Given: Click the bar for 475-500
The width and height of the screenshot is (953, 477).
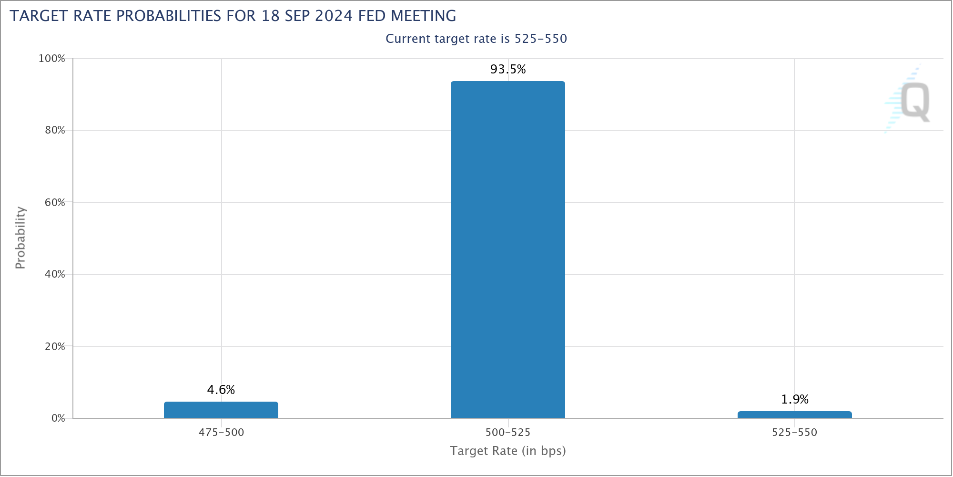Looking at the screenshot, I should pos(221,410).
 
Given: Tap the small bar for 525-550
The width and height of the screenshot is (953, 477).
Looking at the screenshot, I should pos(794,415).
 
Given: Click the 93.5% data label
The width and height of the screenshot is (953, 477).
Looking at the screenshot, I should pos(508,70).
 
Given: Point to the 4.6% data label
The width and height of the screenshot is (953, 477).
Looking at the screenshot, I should pos(221,390).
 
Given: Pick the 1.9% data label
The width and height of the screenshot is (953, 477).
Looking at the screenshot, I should pos(795,399).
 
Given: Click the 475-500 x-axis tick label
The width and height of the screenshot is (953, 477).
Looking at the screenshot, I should pos(221,433).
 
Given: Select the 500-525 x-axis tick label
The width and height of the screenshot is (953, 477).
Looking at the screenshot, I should pos(508,433).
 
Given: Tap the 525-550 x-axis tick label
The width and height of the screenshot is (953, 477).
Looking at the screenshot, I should pos(794,433).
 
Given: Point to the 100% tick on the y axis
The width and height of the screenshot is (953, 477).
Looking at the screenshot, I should pos(51,59).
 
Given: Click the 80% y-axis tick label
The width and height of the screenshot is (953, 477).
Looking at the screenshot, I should pos(55,130).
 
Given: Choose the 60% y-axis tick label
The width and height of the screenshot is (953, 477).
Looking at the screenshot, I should pos(55,202).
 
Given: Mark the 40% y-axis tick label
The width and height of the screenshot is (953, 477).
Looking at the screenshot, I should pos(55,274).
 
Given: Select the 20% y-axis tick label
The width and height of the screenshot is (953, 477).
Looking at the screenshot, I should pos(55,346).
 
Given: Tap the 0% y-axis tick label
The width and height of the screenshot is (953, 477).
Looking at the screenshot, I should pos(58,418).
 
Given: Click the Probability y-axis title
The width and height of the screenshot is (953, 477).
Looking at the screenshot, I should pos(20,238).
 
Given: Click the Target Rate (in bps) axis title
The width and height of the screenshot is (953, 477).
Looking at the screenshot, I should pos(508,451).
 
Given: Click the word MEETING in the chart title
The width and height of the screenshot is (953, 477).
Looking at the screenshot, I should pos(423,16).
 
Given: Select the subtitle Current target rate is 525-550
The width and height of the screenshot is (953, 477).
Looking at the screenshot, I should pos(476,39).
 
